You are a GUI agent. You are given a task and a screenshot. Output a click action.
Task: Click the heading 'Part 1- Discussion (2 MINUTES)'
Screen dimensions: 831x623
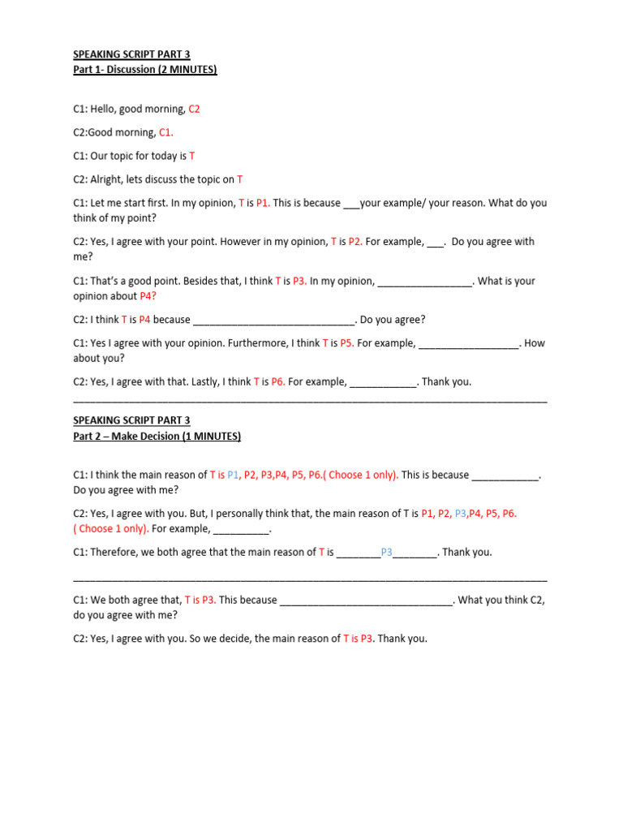coord(145,70)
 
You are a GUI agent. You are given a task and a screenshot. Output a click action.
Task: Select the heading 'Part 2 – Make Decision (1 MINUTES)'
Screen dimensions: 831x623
coord(157,436)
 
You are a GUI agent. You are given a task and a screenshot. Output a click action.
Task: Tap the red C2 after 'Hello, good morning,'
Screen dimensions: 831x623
coord(194,109)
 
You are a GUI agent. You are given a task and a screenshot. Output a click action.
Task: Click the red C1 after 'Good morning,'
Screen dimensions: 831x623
coord(166,132)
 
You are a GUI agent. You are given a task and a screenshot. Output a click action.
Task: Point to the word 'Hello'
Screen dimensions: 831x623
coord(105,109)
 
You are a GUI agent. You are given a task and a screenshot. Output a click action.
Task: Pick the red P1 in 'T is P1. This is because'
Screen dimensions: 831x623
coord(263,203)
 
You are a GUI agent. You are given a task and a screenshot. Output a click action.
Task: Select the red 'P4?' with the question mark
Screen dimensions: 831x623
coord(148,296)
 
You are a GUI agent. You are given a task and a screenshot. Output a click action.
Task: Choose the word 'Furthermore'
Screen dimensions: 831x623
coord(258,343)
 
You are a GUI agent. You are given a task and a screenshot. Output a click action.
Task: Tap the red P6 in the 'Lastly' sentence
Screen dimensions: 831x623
coord(277,381)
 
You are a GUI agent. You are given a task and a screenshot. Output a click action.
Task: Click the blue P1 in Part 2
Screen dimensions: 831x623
coord(234,475)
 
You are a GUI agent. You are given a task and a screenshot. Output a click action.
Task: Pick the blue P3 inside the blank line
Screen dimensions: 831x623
coord(386,553)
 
